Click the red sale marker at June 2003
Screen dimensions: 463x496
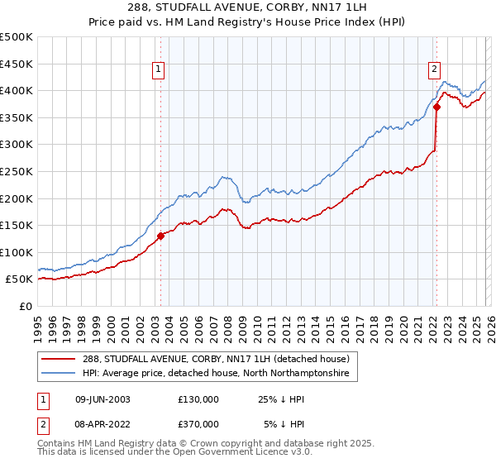coord(160,236)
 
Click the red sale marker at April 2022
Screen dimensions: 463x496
coord(436,107)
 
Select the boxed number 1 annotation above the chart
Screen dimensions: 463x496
coord(158,70)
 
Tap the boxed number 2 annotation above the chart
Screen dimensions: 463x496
coord(434,70)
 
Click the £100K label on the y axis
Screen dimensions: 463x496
coord(17,252)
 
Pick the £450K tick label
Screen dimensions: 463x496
coord(17,64)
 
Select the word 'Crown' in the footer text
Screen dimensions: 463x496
coord(246,444)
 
